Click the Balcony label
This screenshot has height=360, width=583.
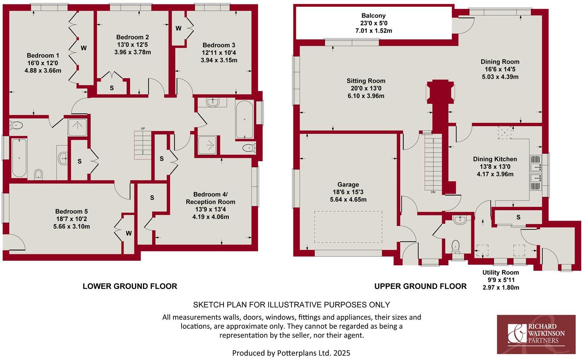[x=374, y=16]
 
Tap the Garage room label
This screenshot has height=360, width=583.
[x=348, y=185]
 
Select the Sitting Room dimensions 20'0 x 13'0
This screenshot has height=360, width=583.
[x=366, y=88]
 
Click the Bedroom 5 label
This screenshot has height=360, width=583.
[x=72, y=211]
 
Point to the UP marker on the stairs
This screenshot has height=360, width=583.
[x=143, y=129]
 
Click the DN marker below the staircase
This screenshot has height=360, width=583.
[x=433, y=192]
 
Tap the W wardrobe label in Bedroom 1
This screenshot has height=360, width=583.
[x=84, y=48]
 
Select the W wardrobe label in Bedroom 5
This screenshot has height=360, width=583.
[x=129, y=233]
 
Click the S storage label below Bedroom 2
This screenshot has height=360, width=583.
[x=112, y=88]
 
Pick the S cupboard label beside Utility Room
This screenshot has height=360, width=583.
[x=518, y=217]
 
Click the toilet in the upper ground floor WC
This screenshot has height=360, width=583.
[x=456, y=246]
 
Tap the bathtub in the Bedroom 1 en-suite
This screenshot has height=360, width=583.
[x=19, y=158]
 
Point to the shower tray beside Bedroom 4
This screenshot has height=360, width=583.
[x=208, y=145]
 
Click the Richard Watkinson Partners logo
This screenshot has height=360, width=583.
[x=536, y=334]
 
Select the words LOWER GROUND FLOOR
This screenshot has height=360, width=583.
[x=130, y=286]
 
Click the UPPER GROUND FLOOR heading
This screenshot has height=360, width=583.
[x=420, y=286]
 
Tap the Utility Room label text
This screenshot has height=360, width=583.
[x=501, y=273]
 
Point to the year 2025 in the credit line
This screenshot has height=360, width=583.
[x=342, y=353]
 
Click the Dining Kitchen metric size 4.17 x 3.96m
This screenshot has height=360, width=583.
[x=495, y=174]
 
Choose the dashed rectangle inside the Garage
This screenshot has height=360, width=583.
[x=348, y=227]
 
